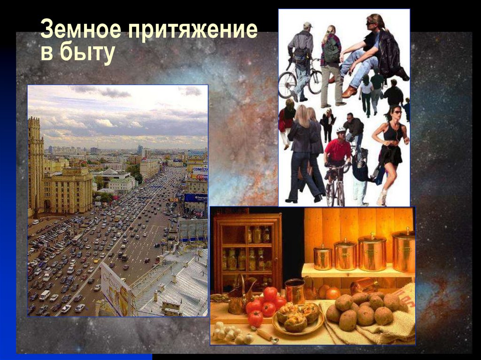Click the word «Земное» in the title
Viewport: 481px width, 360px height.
(x=79, y=31)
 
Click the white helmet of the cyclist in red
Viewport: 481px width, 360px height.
(x=341, y=130)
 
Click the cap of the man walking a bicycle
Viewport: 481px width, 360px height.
(x=307, y=25)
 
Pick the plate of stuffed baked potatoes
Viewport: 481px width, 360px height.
(x=298, y=319)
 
